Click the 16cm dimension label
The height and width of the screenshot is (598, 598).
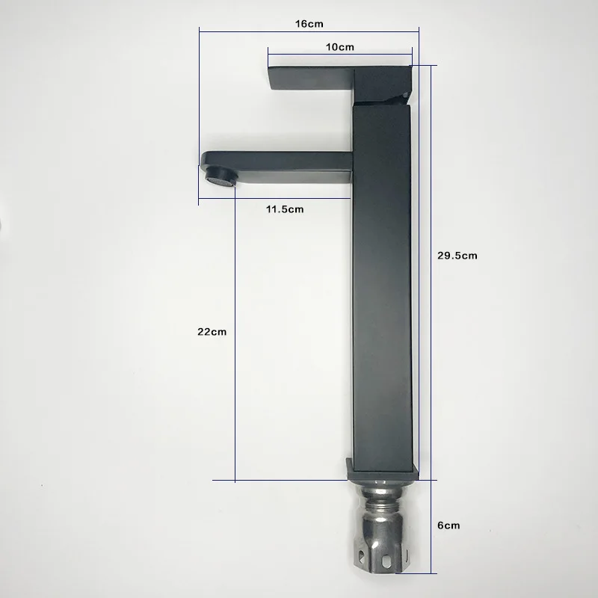(x=309, y=24)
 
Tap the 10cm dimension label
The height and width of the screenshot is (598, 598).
(x=340, y=47)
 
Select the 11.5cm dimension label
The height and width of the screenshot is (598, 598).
(x=285, y=209)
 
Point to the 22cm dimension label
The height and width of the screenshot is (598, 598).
(x=212, y=332)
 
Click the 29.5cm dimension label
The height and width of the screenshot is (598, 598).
(x=457, y=256)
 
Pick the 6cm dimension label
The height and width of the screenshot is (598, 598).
(x=449, y=525)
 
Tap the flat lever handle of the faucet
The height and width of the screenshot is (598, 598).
(x=311, y=79)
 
